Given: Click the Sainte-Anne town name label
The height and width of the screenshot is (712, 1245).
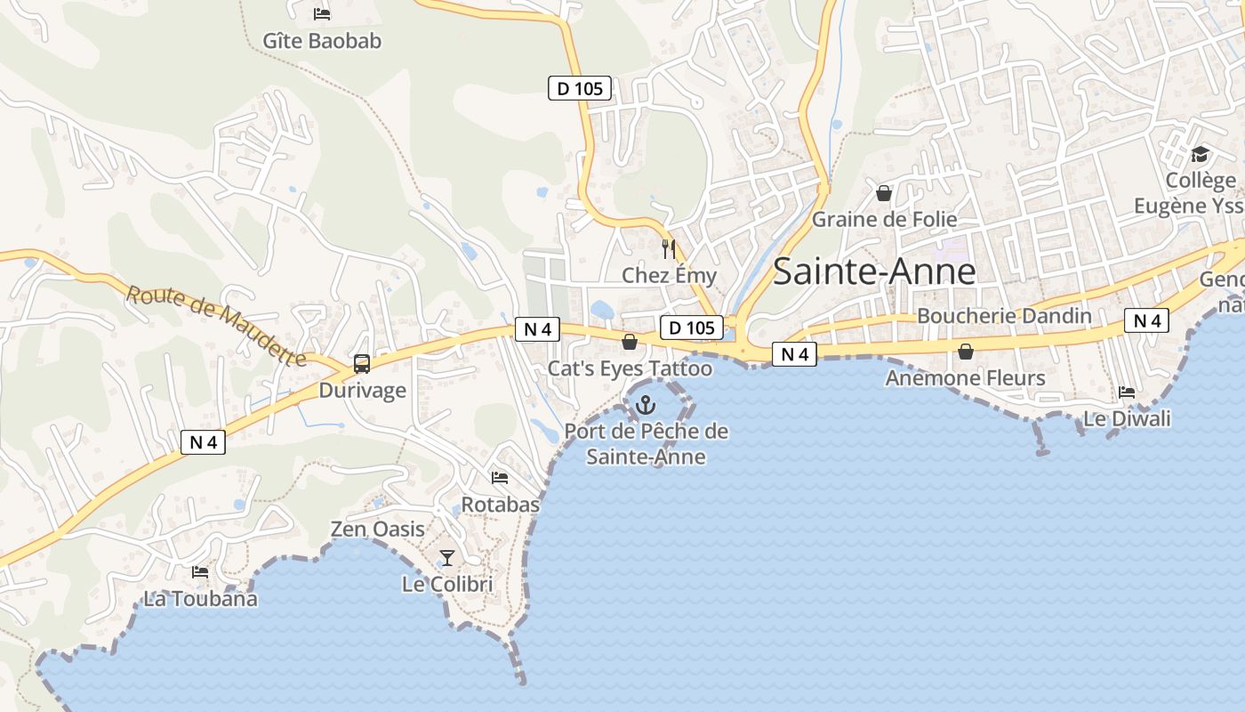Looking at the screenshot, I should (x=873, y=271).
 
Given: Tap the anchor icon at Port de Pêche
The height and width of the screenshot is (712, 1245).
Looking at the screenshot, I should (x=646, y=406).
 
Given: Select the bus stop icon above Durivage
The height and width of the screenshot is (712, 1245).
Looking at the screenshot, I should (x=361, y=363).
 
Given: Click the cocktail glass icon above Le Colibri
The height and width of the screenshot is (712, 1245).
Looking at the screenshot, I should (x=447, y=558).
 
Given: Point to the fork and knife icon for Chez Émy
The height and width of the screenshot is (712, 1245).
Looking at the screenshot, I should (x=669, y=249).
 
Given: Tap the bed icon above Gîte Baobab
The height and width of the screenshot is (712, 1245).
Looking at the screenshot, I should (x=322, y=13).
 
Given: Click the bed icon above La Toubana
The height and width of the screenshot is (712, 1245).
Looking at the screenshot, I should (x=200, y=572).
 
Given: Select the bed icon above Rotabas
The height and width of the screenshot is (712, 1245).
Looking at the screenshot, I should (x=500, y=478).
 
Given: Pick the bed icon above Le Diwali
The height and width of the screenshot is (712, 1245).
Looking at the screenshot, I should (x=1127, y=392).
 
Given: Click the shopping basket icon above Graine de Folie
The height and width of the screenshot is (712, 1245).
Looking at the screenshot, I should (x=884, y=192).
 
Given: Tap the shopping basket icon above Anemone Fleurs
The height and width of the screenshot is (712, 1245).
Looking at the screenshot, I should (x=966, y=352).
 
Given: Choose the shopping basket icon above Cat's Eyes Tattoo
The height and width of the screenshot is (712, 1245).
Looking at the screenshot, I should (x=630, y=342).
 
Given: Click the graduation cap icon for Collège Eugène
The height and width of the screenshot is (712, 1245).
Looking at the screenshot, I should (x=1200, y=154).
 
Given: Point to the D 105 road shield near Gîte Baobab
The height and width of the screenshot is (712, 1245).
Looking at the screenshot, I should (x=579, y=88).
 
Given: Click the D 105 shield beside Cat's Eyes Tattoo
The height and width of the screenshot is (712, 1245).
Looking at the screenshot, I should (x=691, y=328).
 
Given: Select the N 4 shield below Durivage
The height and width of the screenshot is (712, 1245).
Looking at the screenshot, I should (x=203, y=442).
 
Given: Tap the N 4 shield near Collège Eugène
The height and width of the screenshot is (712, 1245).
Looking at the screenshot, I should (x=1146, y=321).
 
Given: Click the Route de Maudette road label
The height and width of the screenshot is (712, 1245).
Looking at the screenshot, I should (x=215, y=326).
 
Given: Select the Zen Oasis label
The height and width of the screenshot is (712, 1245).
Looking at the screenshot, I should (x=377, y=530).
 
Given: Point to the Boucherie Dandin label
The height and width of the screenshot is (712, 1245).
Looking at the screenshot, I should (x=1004, y=316).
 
